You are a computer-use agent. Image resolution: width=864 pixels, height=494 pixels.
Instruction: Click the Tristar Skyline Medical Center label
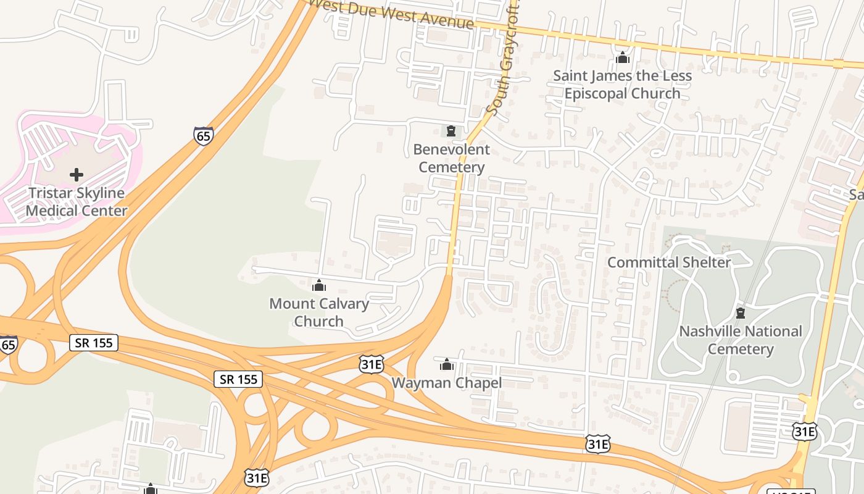[76, 202]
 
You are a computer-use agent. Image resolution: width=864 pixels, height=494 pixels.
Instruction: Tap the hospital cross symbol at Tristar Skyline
[77, 175]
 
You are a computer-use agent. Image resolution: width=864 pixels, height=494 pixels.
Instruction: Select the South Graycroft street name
[503, 74]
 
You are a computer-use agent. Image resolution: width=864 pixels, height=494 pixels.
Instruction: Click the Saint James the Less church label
[622, 85]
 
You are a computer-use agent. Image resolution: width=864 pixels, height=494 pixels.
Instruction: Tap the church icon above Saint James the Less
[622, 58]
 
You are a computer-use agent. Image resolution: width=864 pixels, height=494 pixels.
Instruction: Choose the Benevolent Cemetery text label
[451, 158]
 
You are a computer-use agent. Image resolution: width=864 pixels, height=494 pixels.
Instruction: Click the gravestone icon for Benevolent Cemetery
[451, 131]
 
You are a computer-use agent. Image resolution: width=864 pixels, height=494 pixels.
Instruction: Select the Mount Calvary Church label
[319, 312]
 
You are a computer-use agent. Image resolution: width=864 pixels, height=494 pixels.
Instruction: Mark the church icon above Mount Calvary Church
[319, 285]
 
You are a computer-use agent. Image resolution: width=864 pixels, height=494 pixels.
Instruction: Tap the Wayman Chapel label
[446, 383]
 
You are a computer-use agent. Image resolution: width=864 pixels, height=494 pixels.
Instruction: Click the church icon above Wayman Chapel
[447, 364]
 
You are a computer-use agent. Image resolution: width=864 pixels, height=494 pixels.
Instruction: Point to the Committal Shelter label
[669, 262]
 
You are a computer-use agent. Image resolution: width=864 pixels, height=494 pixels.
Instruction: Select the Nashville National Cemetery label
[741, 340]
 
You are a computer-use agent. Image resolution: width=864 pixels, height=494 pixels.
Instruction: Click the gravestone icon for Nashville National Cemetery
[741, 313]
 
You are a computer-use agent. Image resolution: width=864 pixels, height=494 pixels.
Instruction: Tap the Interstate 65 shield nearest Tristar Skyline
[204, 136]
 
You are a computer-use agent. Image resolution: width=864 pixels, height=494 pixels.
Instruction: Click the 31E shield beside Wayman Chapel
[372, 364]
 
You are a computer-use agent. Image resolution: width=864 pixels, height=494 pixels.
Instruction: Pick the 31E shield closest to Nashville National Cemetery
[805, 431]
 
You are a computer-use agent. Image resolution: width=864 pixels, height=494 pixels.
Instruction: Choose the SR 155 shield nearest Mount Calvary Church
[238, 379]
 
